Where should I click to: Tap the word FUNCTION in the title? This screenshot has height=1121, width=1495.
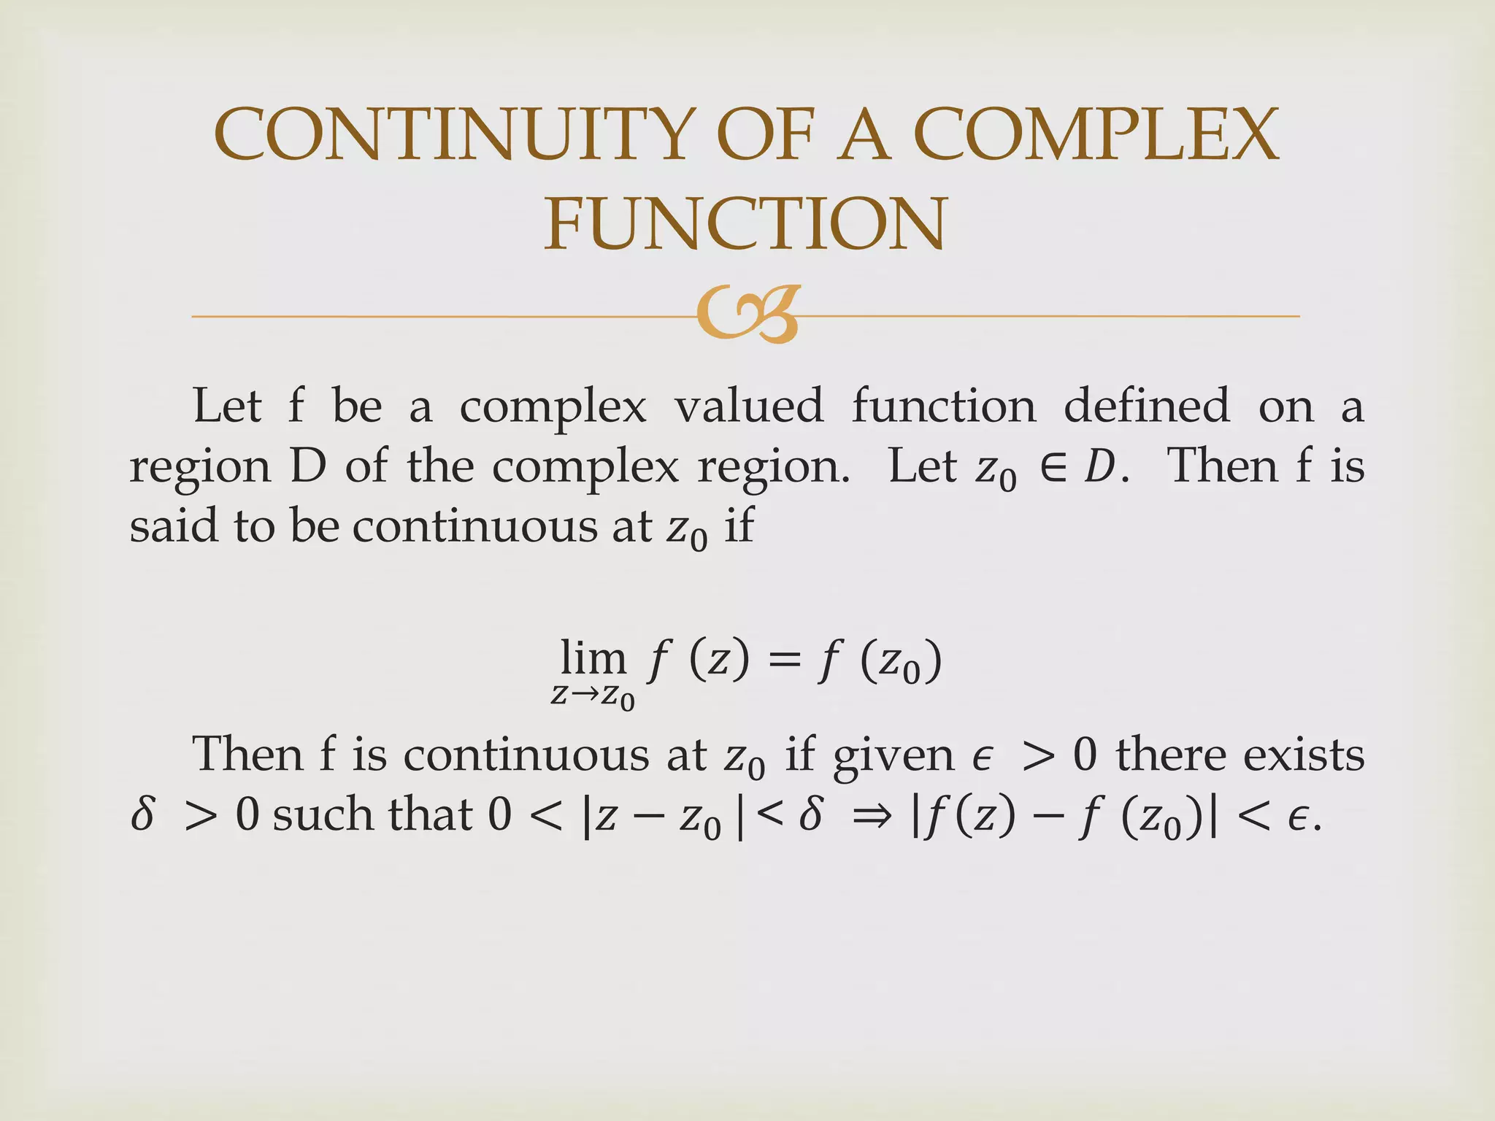(745, 223)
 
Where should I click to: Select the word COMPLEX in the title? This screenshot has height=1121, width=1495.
(1096, 134)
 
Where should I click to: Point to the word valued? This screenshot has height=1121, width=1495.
(748, 406)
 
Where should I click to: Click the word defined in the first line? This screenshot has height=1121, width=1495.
(1146, 406)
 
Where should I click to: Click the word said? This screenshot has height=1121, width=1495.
(173, 525)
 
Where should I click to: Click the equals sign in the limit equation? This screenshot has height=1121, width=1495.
(785, 661)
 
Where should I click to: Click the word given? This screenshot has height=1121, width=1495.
(893, 756)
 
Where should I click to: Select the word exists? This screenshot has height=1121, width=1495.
(1303, 755)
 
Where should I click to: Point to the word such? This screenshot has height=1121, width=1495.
(321, 814)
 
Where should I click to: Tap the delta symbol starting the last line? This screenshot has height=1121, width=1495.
(143, 814)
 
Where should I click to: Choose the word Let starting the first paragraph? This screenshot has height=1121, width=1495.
(226, 406)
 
